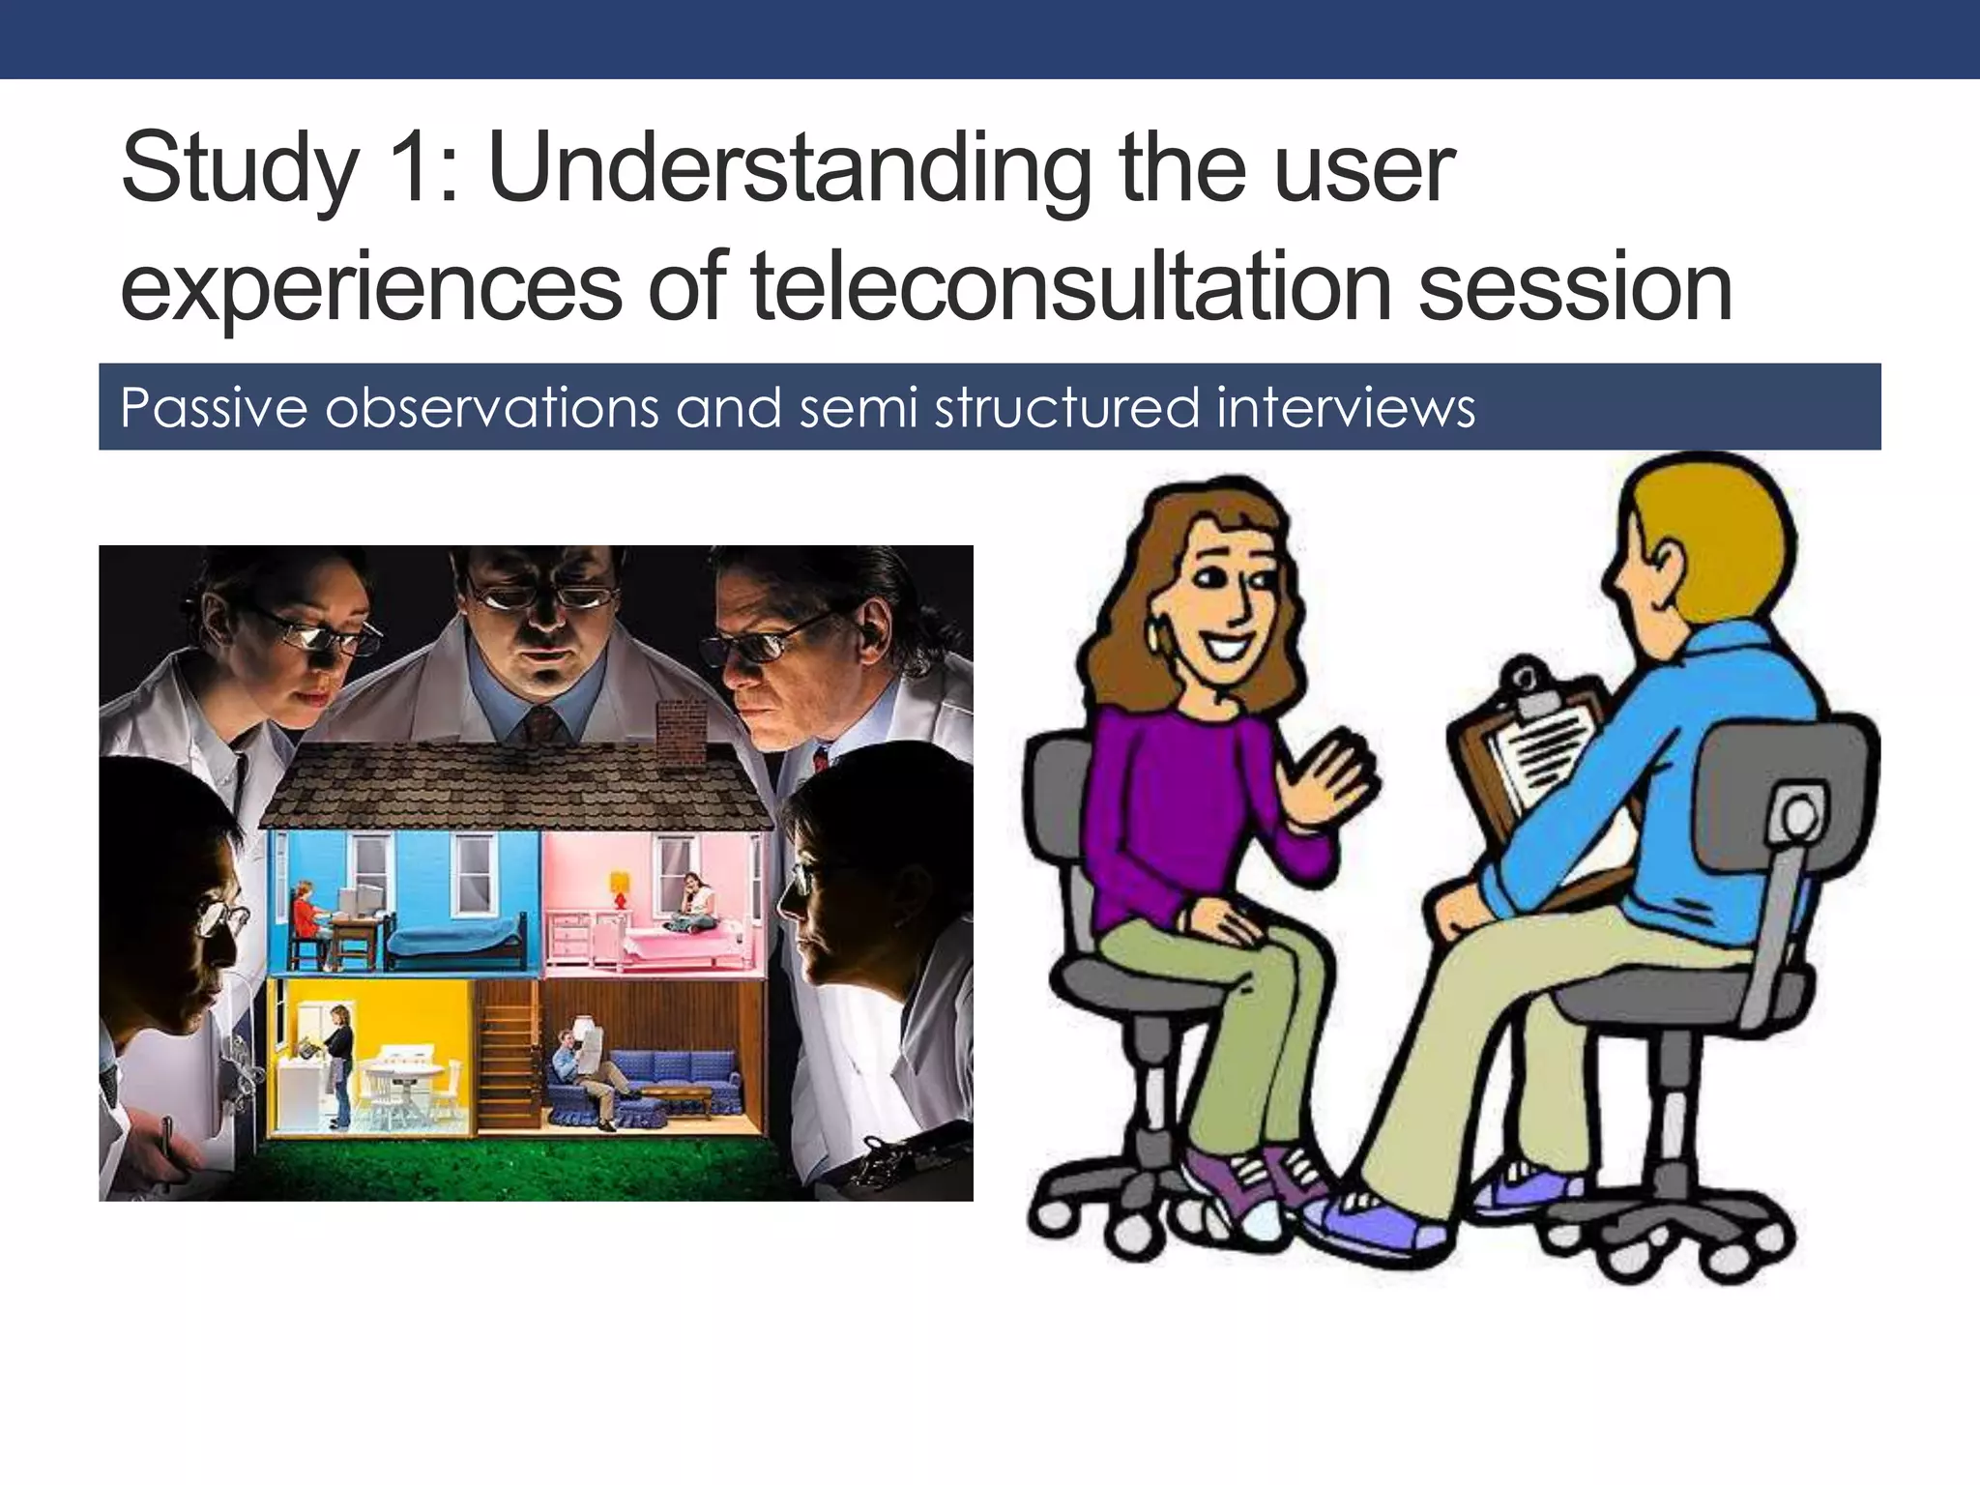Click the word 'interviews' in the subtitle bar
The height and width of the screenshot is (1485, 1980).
pyautogui.click(x=1346, y=407)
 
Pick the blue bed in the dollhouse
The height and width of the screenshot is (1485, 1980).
pyautogui.click(x=454, y=938)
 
